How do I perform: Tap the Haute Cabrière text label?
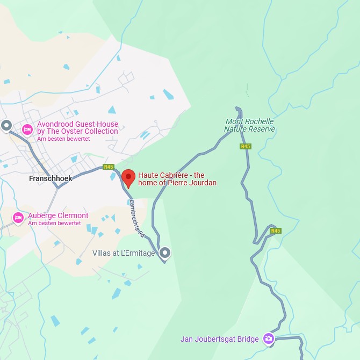[x=177, y=179]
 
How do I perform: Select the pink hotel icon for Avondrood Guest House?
[x=27, y=129]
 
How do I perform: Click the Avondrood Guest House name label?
[x=77, y=128]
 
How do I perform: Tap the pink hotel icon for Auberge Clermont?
[x=18, y=218]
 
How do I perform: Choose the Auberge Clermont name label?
[x=58, y=216]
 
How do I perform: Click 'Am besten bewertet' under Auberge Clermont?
[x=54, y=224]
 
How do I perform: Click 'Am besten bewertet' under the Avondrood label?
[x=63, y=139]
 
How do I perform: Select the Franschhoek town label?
[x=51, y=179]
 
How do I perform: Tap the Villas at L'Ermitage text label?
[x=124, y=253]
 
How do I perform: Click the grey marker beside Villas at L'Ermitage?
[x=165, y=252]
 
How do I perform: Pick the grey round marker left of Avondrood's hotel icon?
[x=6, y=126]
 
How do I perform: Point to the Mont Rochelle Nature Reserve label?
[x=249, y=125]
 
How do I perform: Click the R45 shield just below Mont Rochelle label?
[x=246, y=146]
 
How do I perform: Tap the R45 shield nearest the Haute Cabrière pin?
[x=109, y=167]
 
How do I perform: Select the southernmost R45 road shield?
[x=276, y=231]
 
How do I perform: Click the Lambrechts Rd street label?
[x=138, y=219]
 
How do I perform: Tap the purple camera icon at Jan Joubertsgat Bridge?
[x=269, y=339]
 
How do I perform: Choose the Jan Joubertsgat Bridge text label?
[x=220, y=339]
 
